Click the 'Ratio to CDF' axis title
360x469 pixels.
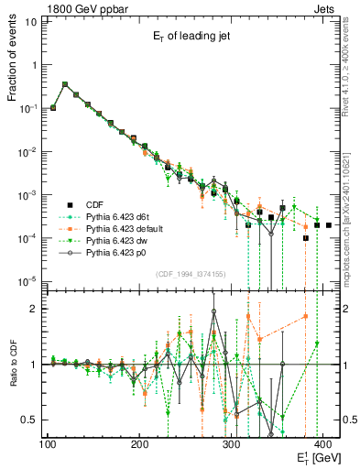tap(13, 365)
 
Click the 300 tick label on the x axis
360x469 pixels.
tap(232, 444)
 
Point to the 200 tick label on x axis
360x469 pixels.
tap(139, 444)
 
